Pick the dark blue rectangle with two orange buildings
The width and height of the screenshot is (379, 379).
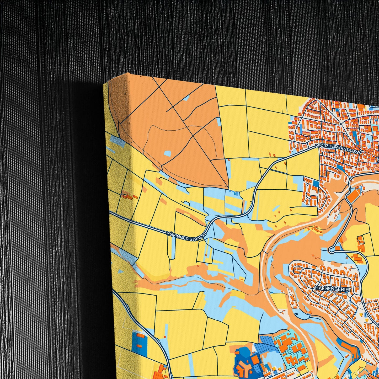click(x=140, y=341)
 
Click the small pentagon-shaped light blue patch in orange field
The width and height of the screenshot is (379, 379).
click(x=167, y=153)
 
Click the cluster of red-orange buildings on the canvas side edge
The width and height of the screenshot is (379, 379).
click(x=129, y=196)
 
